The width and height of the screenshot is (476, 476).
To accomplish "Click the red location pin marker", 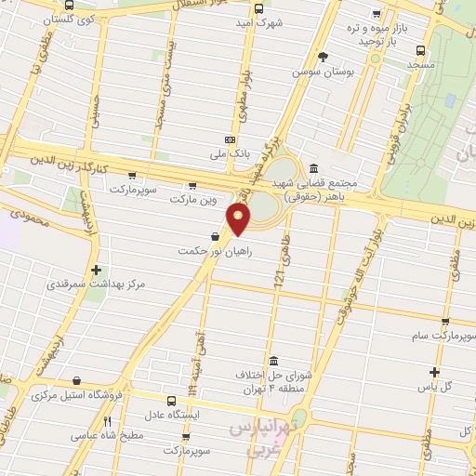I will (239, 219).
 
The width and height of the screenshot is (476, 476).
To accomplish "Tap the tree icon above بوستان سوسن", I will (323, 56).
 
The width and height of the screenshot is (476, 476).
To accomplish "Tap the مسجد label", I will (419, 67).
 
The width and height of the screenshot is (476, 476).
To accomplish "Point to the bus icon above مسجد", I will (419, 51).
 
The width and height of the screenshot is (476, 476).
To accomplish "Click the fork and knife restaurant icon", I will (107, 421).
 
